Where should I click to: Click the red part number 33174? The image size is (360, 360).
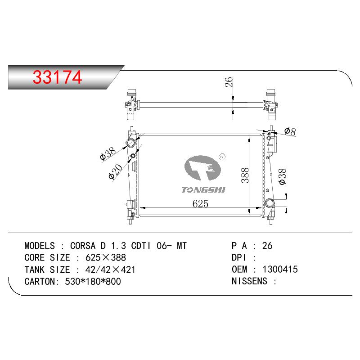(x=57, y=77)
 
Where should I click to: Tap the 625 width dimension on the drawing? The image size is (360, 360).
(x=200, y=204)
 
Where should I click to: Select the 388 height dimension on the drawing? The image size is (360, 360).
(x=245, y=175)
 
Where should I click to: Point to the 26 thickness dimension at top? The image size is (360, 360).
(x=229, y=82)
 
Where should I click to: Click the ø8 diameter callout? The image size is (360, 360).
(x=290, y=131)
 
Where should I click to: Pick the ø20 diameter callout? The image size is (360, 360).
(x=116, y=171)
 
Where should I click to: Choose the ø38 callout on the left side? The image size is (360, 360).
(x=108, y=153)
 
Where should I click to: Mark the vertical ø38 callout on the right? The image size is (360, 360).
(x=282, y=176)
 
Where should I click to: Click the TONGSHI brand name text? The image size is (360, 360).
(x=203, y=190)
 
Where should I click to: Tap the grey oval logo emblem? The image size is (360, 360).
(x=202, y=168)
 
